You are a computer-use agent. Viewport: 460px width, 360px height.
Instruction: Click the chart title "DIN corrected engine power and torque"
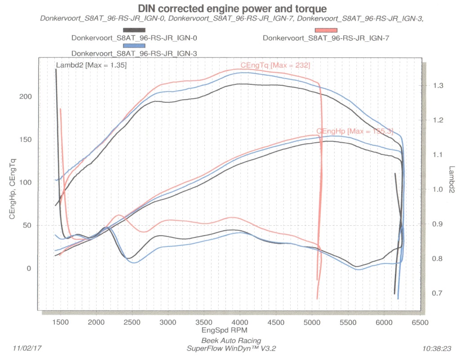(232, 9)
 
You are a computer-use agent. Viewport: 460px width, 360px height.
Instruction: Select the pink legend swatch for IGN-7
(326, 30)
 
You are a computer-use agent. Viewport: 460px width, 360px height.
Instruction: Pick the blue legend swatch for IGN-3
(134, 45)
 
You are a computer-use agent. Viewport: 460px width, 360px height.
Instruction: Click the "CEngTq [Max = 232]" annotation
(275, 66)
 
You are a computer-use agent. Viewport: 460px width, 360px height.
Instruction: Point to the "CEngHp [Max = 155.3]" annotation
(354, 132)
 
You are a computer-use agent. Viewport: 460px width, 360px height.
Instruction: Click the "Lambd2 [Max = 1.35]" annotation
(91, 66)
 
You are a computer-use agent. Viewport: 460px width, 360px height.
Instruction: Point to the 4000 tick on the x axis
(240, 323)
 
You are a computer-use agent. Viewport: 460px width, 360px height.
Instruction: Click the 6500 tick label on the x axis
(421, 323)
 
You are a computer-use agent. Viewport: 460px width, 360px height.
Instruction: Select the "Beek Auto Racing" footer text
(231, 340)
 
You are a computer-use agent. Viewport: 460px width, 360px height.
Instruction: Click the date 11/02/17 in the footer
(27, 348)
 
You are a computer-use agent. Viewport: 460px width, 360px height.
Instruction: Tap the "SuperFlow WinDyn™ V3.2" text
(231, 348)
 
